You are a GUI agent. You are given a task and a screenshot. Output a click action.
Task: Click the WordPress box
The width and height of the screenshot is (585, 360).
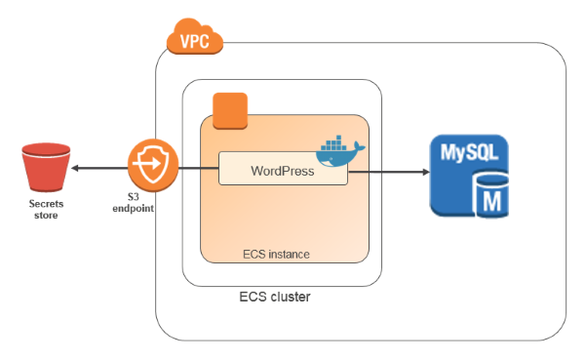click(282, 170)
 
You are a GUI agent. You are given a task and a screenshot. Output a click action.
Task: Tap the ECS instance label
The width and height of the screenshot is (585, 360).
click(276, 255)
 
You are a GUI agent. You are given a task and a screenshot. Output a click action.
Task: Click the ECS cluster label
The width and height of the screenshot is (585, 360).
click(275, 296)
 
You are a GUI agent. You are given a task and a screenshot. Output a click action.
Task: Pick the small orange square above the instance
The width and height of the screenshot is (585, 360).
click(231, 111)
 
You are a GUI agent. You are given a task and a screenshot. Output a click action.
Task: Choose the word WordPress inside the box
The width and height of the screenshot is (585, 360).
click(282, 171)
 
